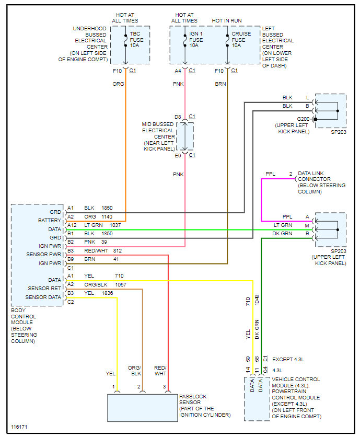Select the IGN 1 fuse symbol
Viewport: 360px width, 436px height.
[x=184, y=40]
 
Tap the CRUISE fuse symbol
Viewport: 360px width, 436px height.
[x=227, y=40]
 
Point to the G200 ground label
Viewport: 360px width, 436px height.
[x=303, y=119]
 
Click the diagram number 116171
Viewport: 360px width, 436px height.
[x=19, y=427]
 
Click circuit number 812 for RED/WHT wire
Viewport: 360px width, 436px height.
[x=117, y=250]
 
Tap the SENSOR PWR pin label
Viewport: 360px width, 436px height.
[x=44, y=254]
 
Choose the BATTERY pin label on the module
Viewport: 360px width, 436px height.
[x=50, y=221]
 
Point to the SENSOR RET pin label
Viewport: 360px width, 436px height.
[x=45, y=288]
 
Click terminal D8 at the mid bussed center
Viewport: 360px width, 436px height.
[x=178, y=116]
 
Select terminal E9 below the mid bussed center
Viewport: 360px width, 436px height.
[x=178, y=155]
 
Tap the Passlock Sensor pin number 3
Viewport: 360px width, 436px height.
[x=165, y=386]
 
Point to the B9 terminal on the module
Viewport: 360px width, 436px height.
[x=71, y=259]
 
